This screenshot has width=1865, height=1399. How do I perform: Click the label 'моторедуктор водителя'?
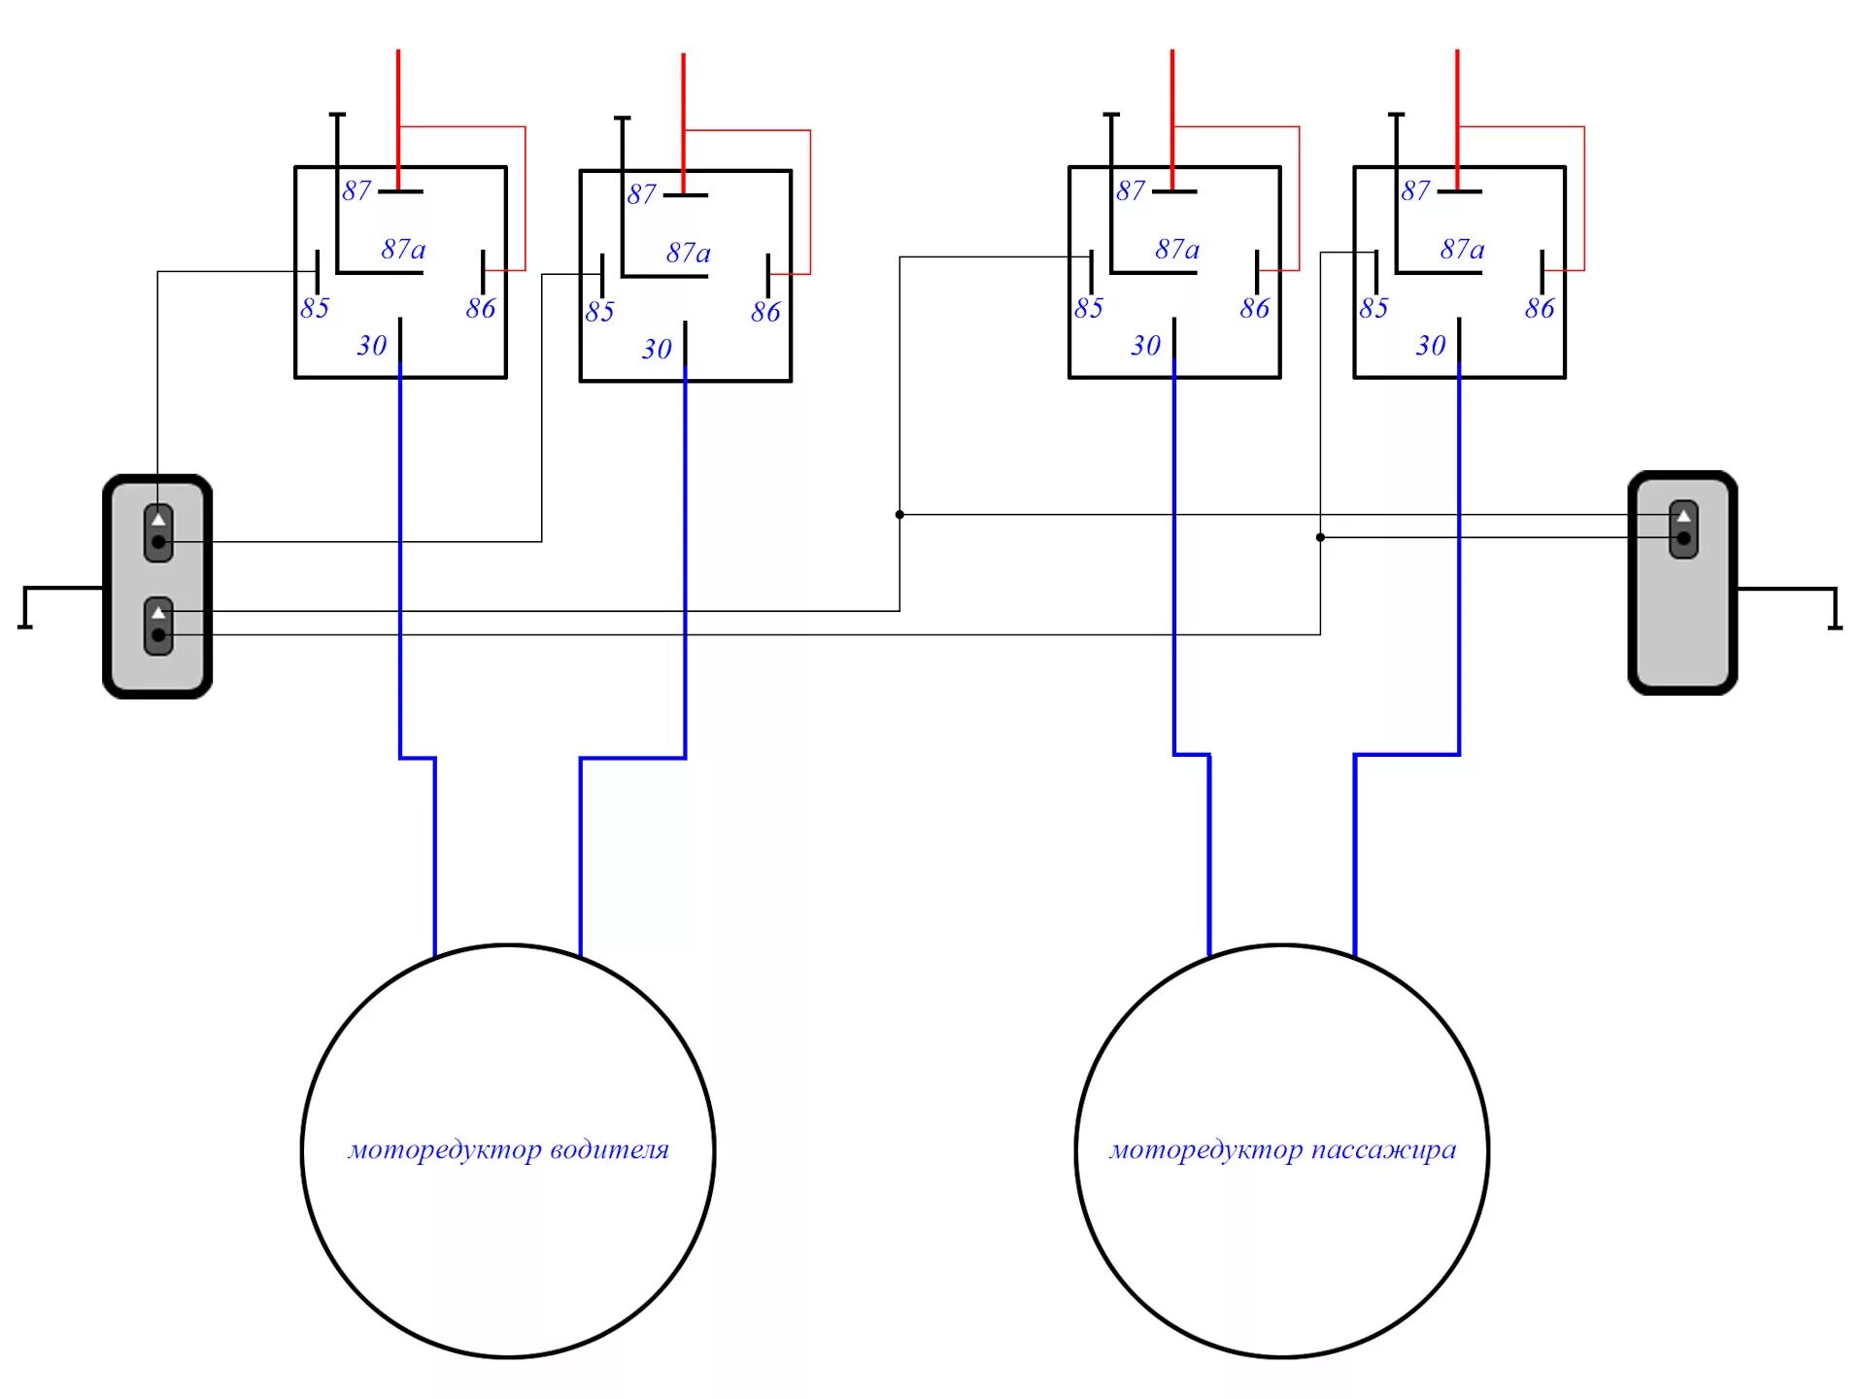(x=508, y=1150)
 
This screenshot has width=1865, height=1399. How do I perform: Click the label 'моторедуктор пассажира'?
(x=1282, y=1150)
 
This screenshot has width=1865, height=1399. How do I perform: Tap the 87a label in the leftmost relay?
(x=403, y=250)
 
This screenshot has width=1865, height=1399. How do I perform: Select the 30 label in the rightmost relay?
(x=1430, y=345)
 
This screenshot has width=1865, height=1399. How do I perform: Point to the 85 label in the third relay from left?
(x=1088, y=308)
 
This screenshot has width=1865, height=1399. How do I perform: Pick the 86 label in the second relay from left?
(x=765, y=312)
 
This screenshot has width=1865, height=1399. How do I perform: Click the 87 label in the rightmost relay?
(x=1415, y=190)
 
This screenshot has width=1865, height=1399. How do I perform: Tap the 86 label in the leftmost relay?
(x=480, y=308)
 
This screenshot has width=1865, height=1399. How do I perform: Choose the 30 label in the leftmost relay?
(x=371, y=345)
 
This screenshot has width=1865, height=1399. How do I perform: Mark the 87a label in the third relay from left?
(x=1177, y=250)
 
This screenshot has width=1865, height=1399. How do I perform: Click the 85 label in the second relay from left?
(x=599, y=312)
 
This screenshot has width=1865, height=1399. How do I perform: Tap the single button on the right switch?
(x=1683, y=529)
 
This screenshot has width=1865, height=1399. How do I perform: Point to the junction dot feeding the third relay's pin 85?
(x=899, y=514)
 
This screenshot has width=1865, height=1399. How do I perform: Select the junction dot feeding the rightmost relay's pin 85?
(x=1320, y=537)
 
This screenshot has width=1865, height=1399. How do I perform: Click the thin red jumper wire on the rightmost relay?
(x=1583, y=194)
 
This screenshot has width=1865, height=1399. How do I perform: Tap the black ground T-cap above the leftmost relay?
(x=337, y=115)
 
